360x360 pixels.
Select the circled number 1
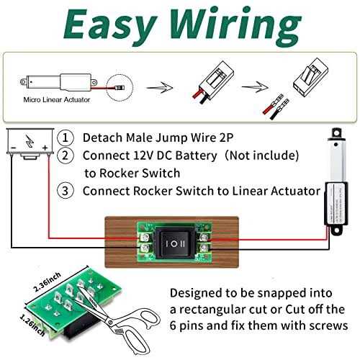(x=66, y=137)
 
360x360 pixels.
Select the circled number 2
(x=66, y=156)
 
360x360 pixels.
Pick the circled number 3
(x=66, y=192)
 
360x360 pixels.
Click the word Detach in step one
(x=103, y=137)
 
